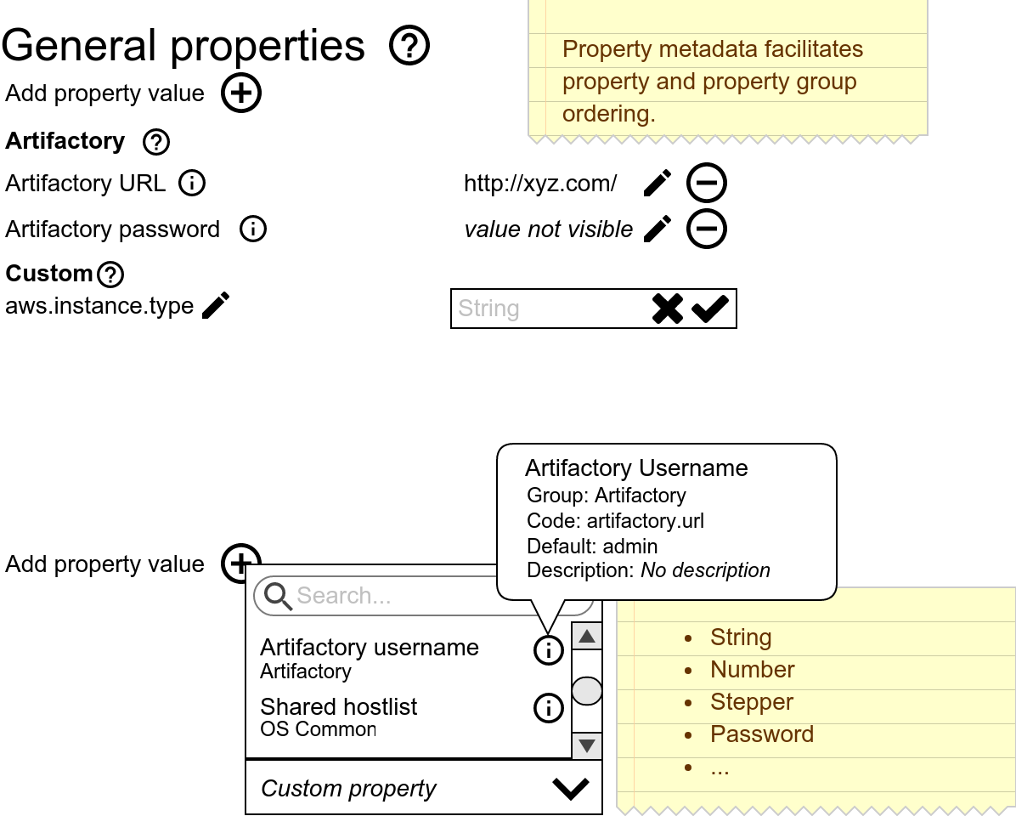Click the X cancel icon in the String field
(x=668, y=309)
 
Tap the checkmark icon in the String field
(x=710, y=309)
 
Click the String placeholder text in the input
(x=488, y=309)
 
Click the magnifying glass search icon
(x=278, y=596)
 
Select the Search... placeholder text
(x=344, y=596)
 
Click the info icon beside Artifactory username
(x=549, y=650)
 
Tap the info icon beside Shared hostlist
(x=549, y=707)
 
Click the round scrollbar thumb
(x=587, y=691)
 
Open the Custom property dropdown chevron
(x=571, y=789)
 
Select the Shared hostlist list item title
(x=339, y=707)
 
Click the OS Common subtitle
(x=318, y=729)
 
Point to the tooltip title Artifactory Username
(x=636, y=468)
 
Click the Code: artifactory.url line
(x=615, y=521)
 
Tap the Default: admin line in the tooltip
(x=592, y=546)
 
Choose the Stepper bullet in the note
(x=751, y=702)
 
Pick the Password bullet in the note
(x=761, y=734)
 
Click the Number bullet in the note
(x=752, y=670)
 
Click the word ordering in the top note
(x=608, y=114)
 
